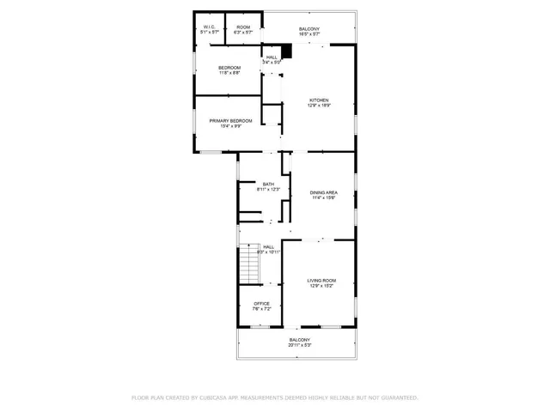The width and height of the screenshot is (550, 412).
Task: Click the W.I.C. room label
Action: click(210, 27)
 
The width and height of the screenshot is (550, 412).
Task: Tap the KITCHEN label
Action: click(319, 100)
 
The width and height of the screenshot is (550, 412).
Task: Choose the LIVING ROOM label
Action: click(321, 281)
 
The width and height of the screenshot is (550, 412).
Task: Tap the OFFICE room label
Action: click(261, 304)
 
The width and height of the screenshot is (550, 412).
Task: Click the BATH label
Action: click(268, 184)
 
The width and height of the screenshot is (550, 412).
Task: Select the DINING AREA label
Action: click(323, 192)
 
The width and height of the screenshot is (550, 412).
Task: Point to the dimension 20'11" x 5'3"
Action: click(300, 346)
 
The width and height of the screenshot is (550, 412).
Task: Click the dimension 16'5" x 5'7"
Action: click(309, 35)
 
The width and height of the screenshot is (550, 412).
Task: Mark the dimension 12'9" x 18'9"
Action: click(319, 106)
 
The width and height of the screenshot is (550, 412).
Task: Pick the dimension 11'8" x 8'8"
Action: click(229, 73)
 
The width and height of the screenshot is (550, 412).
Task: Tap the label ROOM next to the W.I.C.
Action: click(243, 27)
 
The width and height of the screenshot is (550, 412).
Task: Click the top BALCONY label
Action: click(309, 30)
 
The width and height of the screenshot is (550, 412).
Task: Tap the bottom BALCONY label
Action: click(300, 341)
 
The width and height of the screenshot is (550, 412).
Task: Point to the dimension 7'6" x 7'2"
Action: click(261, 309)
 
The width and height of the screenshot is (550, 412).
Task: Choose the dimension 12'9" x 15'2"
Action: click(321, 286)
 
